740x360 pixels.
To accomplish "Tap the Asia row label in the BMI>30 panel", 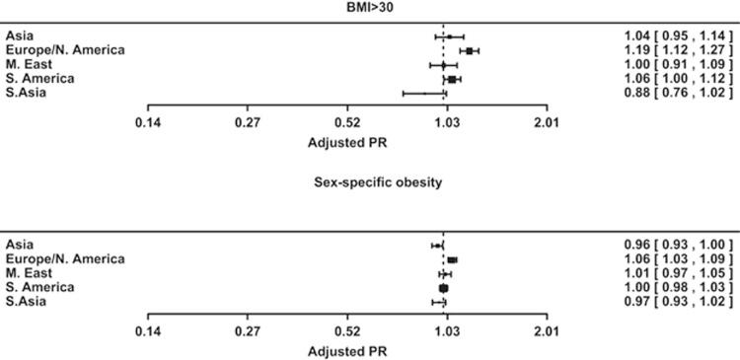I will point(20,36).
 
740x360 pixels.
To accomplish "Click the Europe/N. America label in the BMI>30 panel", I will point(65,50).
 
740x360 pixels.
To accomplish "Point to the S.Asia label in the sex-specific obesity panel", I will point(27,301).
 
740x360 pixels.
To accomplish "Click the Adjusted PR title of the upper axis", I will point(347,141).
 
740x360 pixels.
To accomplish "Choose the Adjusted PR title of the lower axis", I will point(347,350).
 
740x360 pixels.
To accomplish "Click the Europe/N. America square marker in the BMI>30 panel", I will point(470,50).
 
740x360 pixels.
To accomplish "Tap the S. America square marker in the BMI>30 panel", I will point(452,79).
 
